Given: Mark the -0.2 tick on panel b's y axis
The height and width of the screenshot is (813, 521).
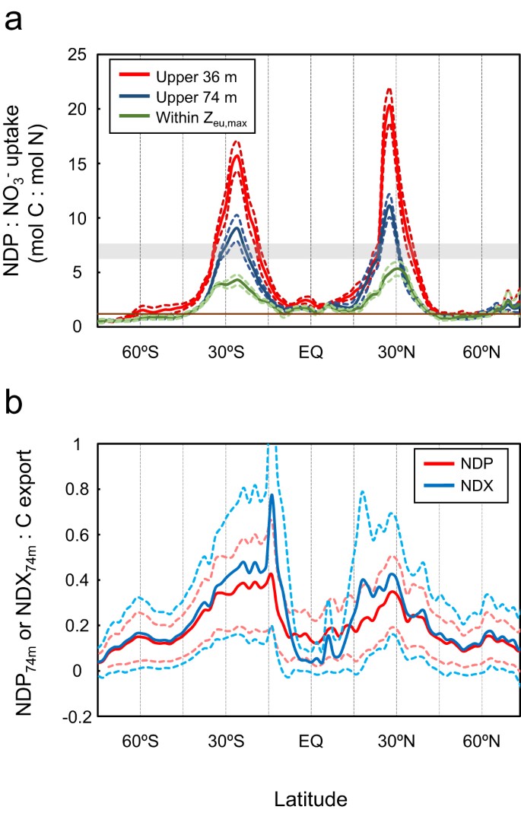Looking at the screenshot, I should (73, 717).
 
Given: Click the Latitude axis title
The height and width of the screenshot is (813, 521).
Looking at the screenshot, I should (311, 799).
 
